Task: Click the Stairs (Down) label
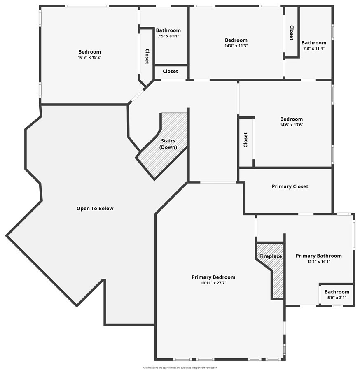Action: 168,144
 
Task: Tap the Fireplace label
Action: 270,256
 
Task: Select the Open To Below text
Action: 95,209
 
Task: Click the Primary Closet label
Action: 290,186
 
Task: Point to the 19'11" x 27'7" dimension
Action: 213,283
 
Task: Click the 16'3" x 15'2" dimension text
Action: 90,58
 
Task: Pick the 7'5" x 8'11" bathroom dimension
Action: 168,36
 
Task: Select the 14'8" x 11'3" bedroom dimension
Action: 236,46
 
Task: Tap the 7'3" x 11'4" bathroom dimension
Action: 314,49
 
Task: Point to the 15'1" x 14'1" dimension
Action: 319,261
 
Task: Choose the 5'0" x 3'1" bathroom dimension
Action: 337,298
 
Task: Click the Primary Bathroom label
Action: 319,256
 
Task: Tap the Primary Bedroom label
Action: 213,277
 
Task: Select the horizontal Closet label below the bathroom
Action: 170,71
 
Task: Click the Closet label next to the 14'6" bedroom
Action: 246,140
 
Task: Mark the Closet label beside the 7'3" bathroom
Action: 292,33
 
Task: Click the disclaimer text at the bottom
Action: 180,368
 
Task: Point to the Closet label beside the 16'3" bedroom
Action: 147,56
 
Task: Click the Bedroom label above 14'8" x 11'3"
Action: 236,40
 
